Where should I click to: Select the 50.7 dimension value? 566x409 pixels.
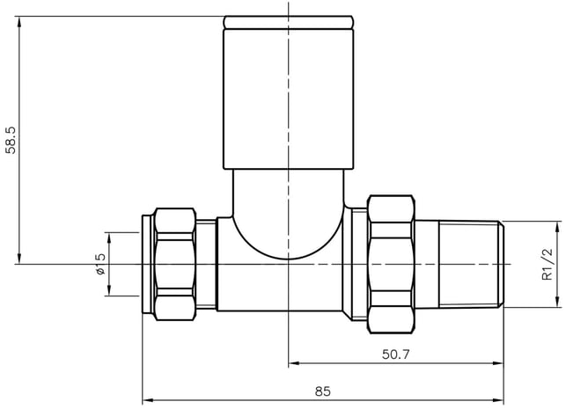[x=396, y=354]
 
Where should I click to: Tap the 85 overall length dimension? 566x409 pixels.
[x=323, y=391]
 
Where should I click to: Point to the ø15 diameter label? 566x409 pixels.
[x=100, y=264]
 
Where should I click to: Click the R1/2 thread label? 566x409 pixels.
[x=548, y=265]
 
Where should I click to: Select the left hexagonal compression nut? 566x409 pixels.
[x=174, y=264]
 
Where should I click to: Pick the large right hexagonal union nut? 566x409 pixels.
[x=391, y=264]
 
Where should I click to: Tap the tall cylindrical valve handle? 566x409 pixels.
[x=288, y=99]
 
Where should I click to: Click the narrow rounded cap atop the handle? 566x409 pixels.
[x=288, y=22]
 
